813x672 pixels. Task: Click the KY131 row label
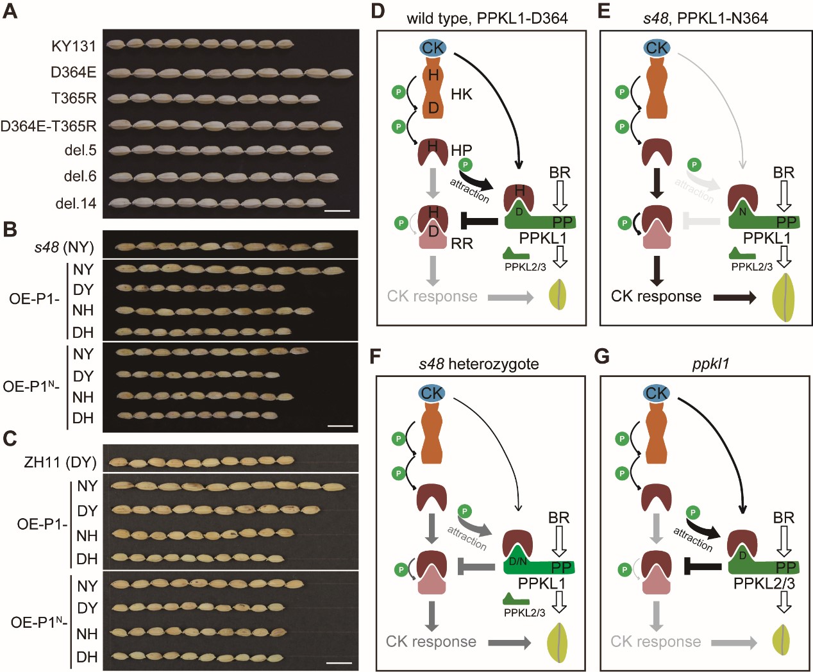pyautogui.click(x=74, y=46)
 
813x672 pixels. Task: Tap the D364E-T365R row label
pyautogui.click(x=49, y=126)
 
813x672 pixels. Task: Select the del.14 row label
pyautogui.click(x=76, y=203)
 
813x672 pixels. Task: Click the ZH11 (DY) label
pyautogui.click(x=60, y=462)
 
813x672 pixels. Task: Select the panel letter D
pyautogui.click(x=378, y=11)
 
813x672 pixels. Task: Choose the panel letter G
pyautogui.click(x=601, y=357)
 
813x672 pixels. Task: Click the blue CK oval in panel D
pyautogui.click(x=433, y=47)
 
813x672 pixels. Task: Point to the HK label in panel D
pyautogui.click(x=462, y=95)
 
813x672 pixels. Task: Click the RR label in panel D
pyautogui.click(x=462, y=244)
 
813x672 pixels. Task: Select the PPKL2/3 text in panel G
pyautogui.click(x=764, y=584)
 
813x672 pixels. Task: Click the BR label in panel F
pyautogui.click(x=558, y=517)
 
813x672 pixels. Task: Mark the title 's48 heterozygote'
pyautogui.click(x=478, y=364)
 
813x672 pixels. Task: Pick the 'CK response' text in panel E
pyautogui.click(x=656, y=296)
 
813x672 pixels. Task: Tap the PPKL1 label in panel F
pyautogui.click(x=542, y=584)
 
